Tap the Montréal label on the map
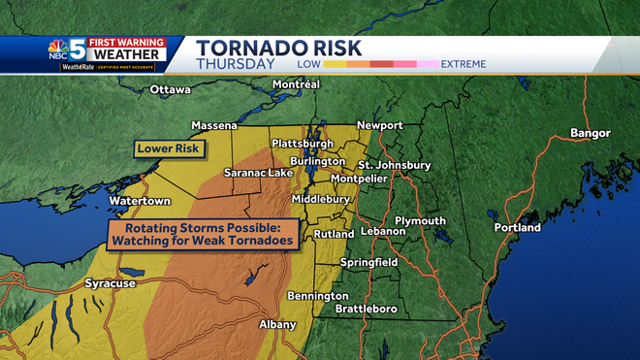click(x=297, y=84)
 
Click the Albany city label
click(x=277, y=324)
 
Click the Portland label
click(x=517, y=228)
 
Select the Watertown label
click(x=140, y=201)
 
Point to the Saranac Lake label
click(x=257, y=173)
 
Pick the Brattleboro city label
click(x=366, y=309)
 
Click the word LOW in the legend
click(x=309, y=64)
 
